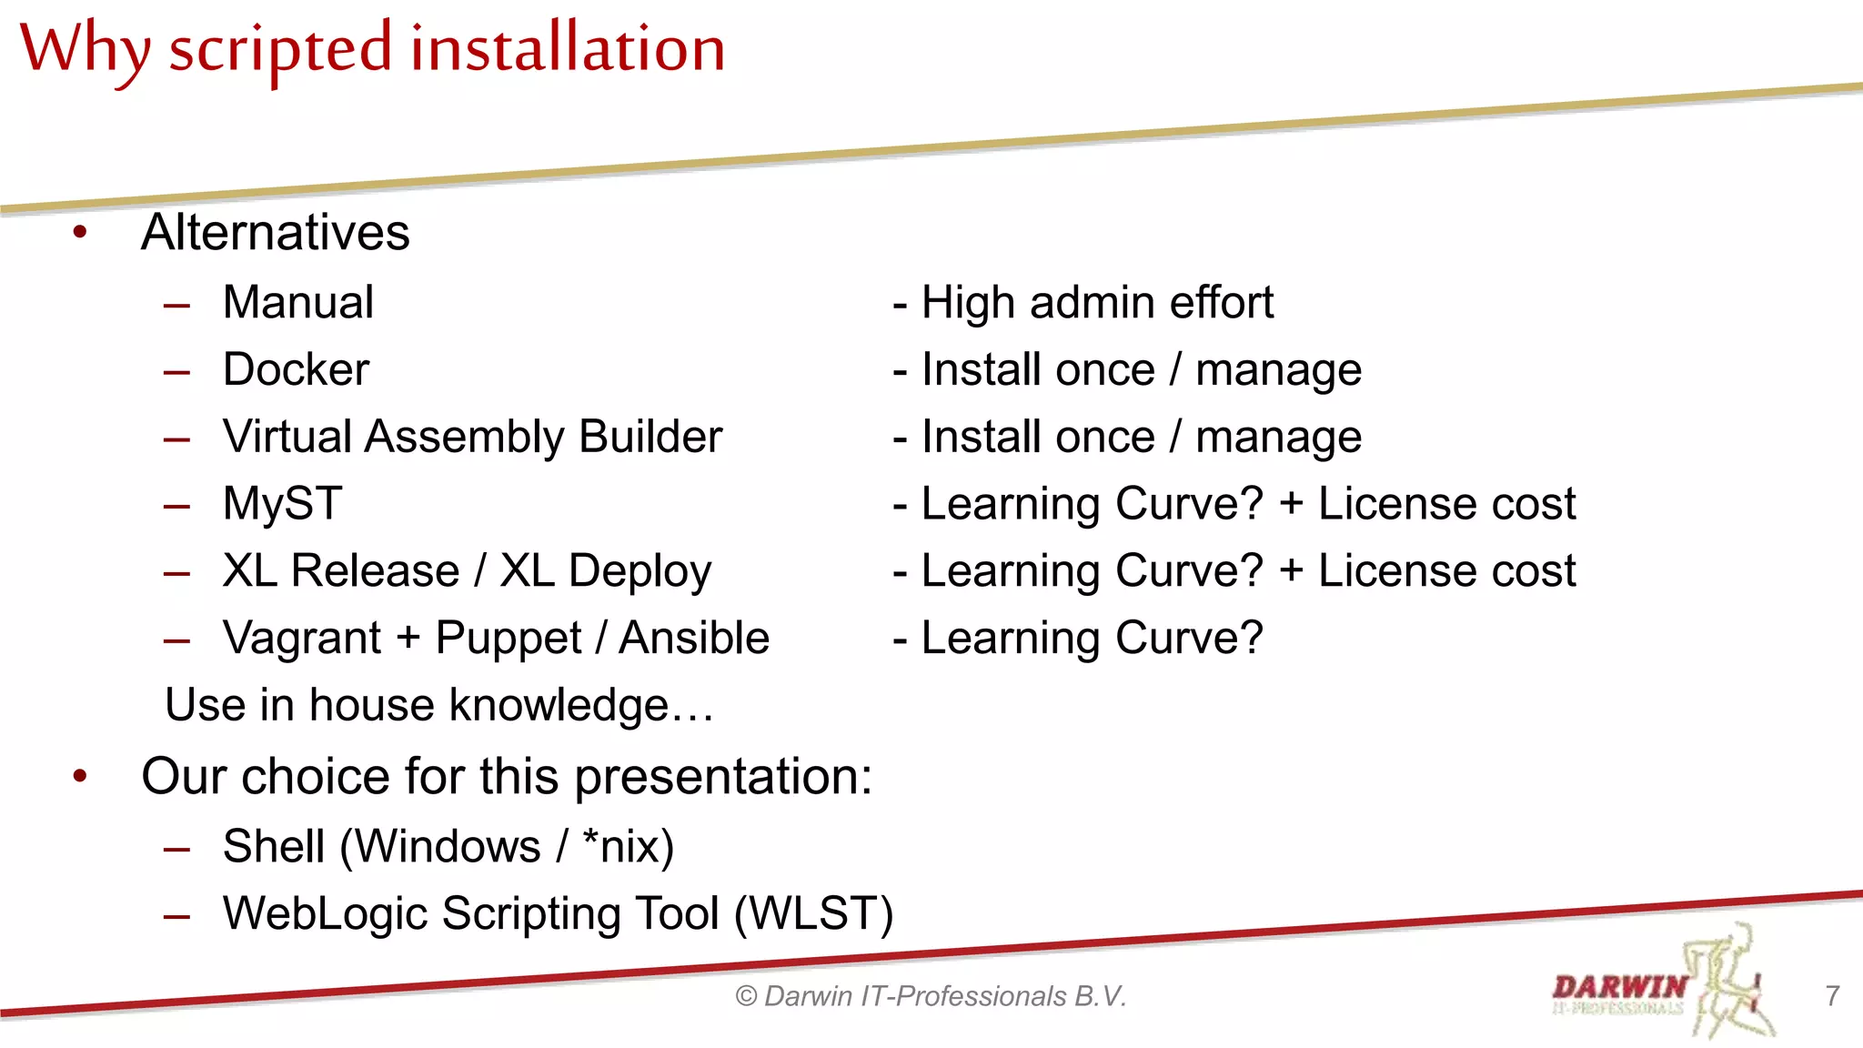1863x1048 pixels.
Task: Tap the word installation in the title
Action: coord(568,47)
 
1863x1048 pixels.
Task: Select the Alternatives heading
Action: coord(276,232)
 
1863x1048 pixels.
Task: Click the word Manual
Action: coord(298,302)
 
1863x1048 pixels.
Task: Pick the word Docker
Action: coord(297,369)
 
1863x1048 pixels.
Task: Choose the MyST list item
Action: coord(283,504)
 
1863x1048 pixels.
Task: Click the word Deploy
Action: coord(639,572)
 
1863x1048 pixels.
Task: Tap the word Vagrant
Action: coord(302,639)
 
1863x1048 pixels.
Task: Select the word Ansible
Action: coord(694,638)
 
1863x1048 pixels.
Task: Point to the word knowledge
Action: coord(559,706)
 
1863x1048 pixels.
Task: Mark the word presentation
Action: coord(722,777)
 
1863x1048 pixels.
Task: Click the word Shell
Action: coord(274,847)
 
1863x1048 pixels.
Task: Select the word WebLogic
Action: coord(325,914)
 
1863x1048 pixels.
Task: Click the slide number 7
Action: coord(1832,996)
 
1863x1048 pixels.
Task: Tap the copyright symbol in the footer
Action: coord(746,997)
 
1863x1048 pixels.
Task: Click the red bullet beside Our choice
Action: coord(80,777)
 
